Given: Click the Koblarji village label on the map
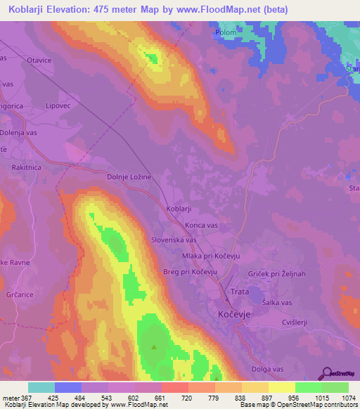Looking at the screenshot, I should coord(179,209).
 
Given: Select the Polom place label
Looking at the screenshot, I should coord(226,32).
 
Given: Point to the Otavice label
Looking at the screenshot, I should coord(40,60).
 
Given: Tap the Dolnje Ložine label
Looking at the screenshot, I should coord(129,178).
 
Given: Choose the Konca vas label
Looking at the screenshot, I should coord(202,224).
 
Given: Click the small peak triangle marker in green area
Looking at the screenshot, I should coord(155,346).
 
